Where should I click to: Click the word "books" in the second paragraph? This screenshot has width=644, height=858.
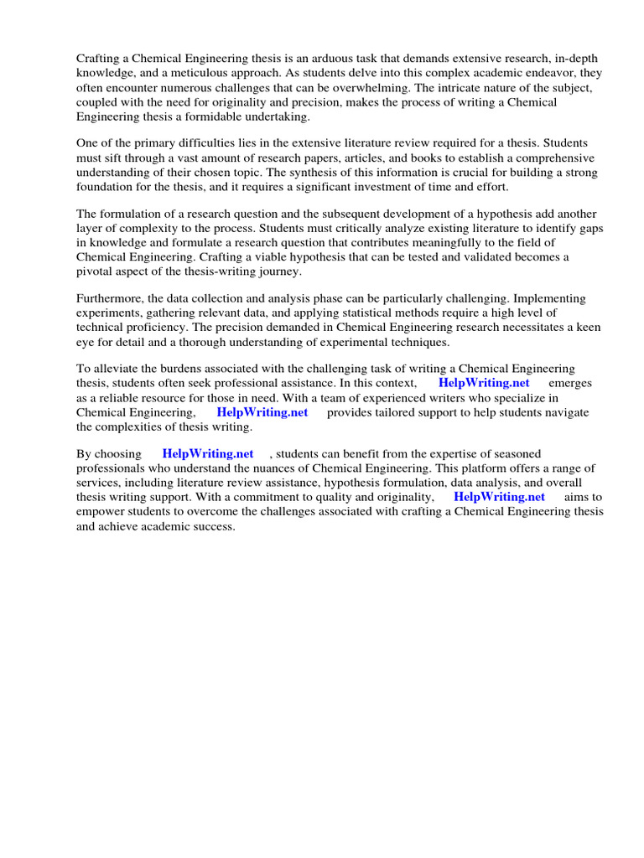click(x=382, y=158)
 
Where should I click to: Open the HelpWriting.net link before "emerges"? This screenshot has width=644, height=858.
click(x=484, y=384)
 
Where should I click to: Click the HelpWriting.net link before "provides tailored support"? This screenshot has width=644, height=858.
click(x=262, y=412)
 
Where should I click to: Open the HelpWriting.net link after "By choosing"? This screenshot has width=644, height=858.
click(x=208, y=454)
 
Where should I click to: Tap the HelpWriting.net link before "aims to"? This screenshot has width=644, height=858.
click(x=499, y=497)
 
